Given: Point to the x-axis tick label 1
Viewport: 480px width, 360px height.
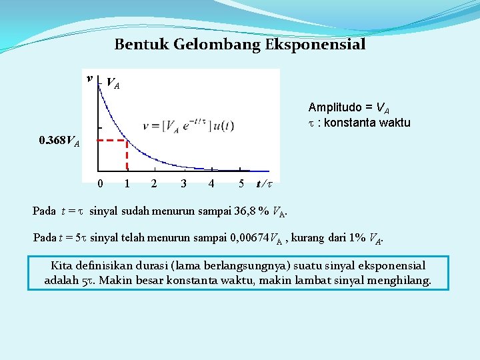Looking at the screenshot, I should (x=127, y=183).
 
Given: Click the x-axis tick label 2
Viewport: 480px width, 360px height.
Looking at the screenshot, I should (x=154, y=183).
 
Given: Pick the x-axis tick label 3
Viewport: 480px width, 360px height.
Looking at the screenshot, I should (x=183, y=183).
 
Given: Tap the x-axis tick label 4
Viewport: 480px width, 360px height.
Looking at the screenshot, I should (x=211, y=183).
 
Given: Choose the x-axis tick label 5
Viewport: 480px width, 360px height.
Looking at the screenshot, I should (x=241, y=183).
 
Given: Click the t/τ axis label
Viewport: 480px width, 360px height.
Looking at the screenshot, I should (x=265, y=183).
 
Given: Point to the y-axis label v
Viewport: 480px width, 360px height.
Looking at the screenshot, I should (x=89, y=79).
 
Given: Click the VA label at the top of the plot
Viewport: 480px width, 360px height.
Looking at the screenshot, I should (x=113, y=84).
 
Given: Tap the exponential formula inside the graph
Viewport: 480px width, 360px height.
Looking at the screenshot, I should (x=188, y=126).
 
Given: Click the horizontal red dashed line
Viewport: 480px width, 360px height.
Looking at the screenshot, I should (x=111, y=141).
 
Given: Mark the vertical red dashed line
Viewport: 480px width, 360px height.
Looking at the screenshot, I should (x=127, y=157).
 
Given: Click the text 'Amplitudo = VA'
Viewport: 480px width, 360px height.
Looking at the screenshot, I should (x=349, y=107).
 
